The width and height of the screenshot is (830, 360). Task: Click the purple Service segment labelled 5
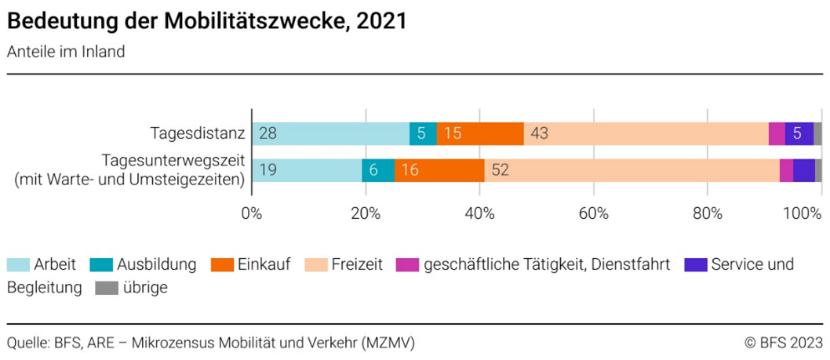799,133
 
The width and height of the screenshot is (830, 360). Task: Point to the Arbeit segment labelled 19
307,169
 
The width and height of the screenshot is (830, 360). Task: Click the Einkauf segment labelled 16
439,169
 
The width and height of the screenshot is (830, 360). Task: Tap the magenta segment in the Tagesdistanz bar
777,133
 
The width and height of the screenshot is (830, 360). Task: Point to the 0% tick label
251,213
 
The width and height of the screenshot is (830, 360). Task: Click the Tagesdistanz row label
197,133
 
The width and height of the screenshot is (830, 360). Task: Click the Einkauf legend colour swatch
223,264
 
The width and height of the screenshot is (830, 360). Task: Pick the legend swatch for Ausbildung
102,264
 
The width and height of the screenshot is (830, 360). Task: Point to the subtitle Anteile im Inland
66,53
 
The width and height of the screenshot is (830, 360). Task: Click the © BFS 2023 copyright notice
784,342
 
